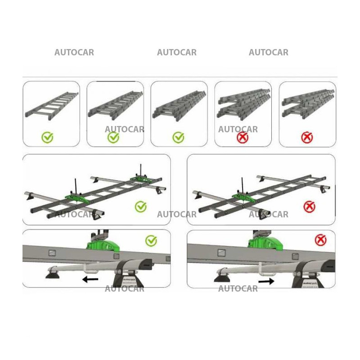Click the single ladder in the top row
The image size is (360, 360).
coord(51,106)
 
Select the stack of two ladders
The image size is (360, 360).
coord(115,104)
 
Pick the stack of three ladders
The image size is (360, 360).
coord(179,104)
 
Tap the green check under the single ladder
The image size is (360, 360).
coord(47,137)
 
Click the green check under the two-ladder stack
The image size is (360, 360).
coord(113,137)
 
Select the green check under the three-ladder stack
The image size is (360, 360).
coord(179,137)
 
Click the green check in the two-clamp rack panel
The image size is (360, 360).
coord(141,207)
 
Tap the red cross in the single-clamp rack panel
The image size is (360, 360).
coord(309,207)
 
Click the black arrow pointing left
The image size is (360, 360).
coord(90,279)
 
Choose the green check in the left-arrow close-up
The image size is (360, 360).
coord(151,241)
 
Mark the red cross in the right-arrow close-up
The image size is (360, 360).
coord(320,240)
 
